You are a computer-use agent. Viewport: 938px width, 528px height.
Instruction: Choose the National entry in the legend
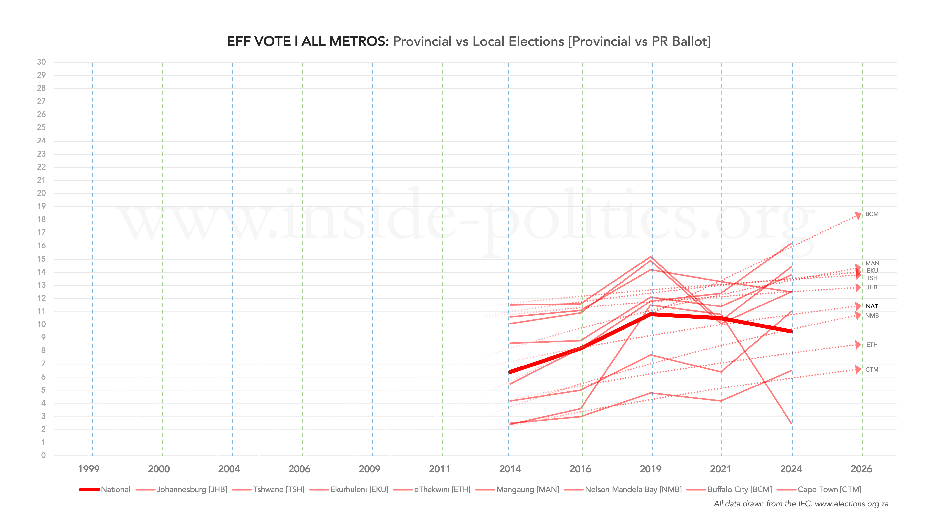coord(116,489)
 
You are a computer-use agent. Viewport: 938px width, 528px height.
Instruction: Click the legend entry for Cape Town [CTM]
coord(829,489)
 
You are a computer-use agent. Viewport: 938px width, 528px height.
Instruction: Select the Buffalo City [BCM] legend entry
coord(739,489)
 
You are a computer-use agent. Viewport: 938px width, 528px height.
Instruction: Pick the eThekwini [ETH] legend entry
coord(442,489)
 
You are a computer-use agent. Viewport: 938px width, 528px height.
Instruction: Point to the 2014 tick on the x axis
coord(510,469)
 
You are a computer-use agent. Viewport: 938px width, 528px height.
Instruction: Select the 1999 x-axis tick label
coord(88,469)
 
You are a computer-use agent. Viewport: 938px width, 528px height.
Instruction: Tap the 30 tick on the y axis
coord(41,62)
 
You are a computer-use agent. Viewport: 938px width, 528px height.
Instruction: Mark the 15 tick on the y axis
coord(41,259)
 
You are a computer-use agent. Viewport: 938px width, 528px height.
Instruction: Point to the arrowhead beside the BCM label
coord(858,216)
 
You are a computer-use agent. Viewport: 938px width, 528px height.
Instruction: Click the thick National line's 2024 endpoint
coord(792,331)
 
